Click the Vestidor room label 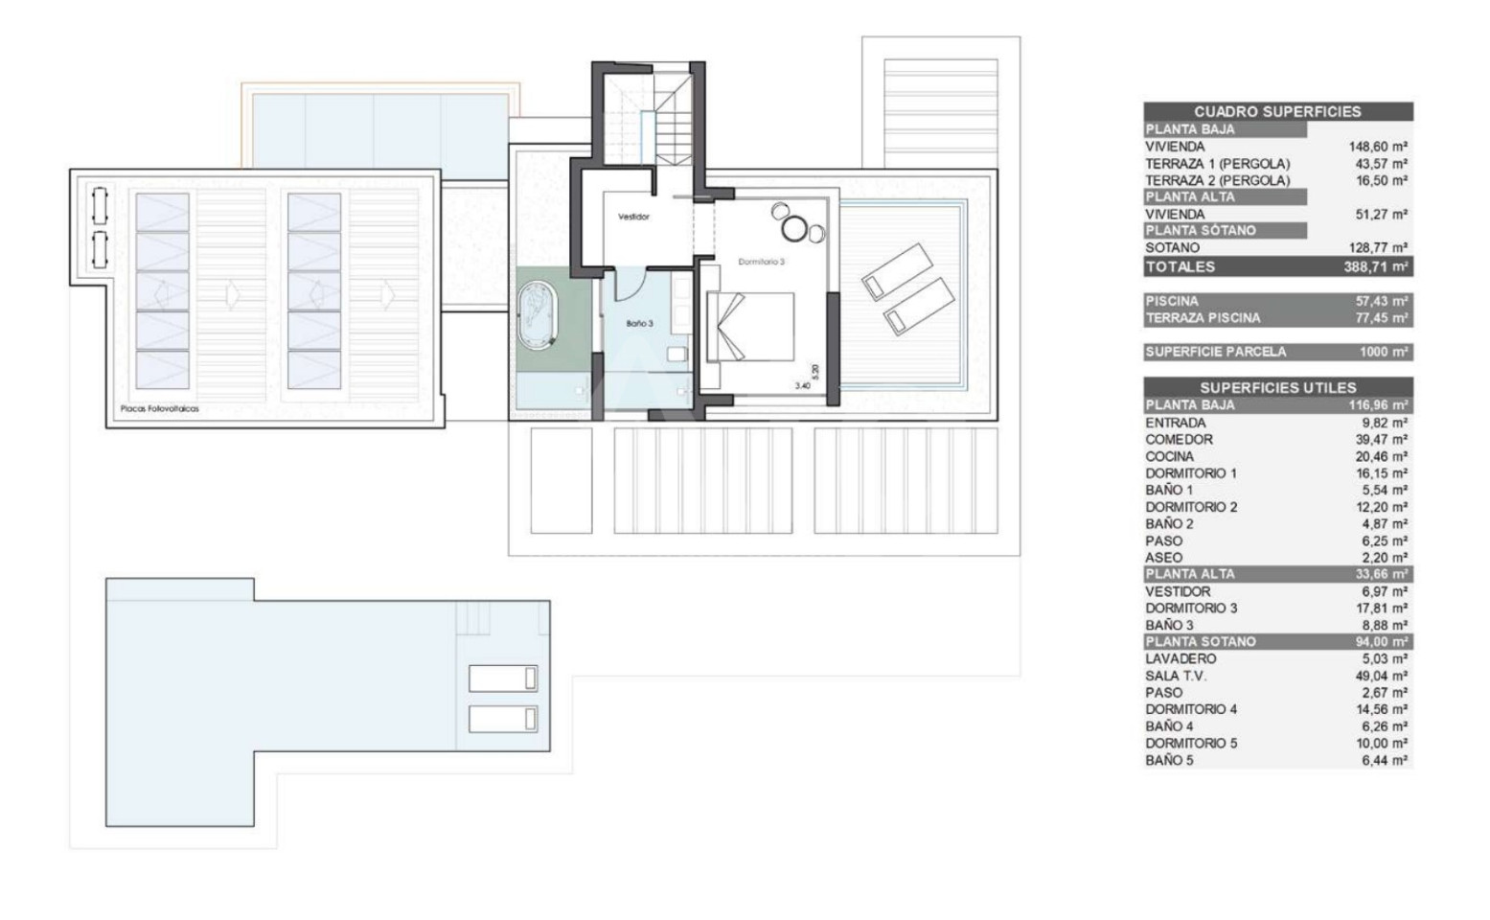pyautogui.click(x=633, y=217)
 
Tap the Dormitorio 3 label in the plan pyautogui.click(x=761, y=262)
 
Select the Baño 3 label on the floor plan pyautogui.click(x=639, y=323)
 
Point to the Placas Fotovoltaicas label pyautogui.click(x=160, y=409)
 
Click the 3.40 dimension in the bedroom pyautogui.click(x=803, y=385)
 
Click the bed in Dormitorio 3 pyautogui.click(x=750, y=327)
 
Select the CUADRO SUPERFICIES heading pyautogui.click(x=1277, y=112)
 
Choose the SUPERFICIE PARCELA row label pyautogui.click(x=1215, y=352)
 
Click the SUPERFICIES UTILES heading pyautogui.click(x=1278, y=388)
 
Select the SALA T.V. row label pyautogui.click(x=1176, y=677)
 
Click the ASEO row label pyautogui.click(x=1163, y=558)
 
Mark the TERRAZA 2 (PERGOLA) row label pyautogui.click(x=1217, y=181)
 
